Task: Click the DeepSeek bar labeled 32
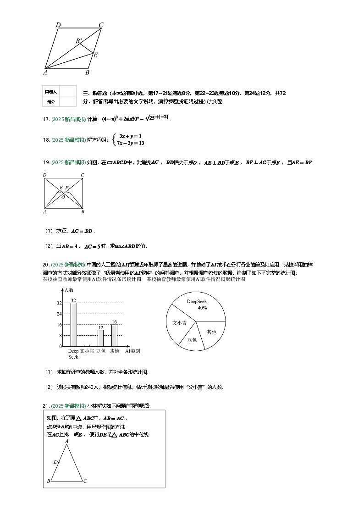73,324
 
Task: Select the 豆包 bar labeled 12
100,338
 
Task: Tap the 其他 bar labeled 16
114,335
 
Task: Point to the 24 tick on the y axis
59,314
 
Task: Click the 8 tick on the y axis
60,336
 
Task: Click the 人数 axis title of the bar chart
69,290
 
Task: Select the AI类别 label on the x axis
132,351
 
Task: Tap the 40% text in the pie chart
202,308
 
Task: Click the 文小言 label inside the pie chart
179,323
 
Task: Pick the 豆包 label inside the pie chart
192,340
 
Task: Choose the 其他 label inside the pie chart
211,332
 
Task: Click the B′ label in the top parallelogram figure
79,41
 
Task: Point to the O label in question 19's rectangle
63,197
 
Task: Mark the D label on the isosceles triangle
55,462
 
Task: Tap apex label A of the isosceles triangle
67,441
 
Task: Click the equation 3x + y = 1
130,136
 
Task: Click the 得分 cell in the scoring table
51,102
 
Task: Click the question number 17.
46,119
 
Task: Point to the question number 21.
46,405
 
